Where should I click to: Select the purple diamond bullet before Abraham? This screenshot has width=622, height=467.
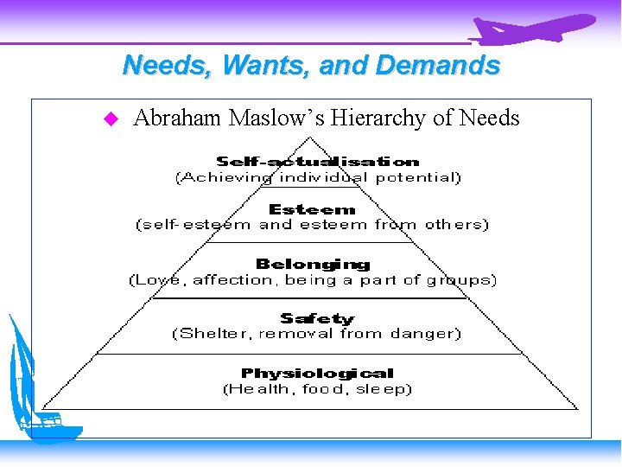(x=110, y=118)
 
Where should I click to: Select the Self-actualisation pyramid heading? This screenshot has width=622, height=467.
(x=318, y=162)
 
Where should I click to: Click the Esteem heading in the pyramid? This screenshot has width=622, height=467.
(x=312, y=209)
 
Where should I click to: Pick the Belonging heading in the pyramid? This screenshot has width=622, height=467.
(x=313, y=264)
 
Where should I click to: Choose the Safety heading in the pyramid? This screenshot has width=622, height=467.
(x=317, y=318)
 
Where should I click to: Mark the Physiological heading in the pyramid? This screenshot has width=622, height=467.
(x=317, y=374)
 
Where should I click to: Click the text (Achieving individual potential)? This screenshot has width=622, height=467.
(x=318, y=177)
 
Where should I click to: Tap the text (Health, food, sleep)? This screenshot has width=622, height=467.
(x=317, y=389)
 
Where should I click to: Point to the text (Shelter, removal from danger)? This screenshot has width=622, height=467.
(x=317, y=333)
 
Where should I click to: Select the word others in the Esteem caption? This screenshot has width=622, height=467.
(x=453, y=225)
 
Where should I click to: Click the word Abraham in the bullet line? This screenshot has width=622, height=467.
(x=177, y=118)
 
